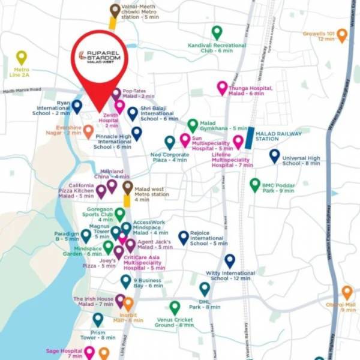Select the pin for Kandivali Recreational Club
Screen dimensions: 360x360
(217, 32)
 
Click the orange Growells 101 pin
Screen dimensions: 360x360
(342, 34)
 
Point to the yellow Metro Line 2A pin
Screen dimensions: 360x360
(22, 57)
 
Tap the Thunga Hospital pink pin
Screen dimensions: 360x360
(222, 88)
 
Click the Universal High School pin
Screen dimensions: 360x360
(274, 156)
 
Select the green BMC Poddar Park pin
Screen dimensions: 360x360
(255, 184)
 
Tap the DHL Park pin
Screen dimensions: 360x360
(205, 289)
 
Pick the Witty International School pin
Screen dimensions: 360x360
(230, 260)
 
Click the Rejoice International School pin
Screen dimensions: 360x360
(184, 237)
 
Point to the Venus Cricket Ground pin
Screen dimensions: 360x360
(175, 308)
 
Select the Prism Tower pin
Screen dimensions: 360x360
(98, 319)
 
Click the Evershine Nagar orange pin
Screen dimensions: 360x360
(88, 131)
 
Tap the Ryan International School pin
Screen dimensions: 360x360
(77, 106)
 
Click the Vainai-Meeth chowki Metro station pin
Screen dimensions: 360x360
(115, 10)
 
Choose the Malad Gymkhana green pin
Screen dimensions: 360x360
(193, 125)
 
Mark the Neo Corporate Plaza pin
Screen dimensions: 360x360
(170, 142)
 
